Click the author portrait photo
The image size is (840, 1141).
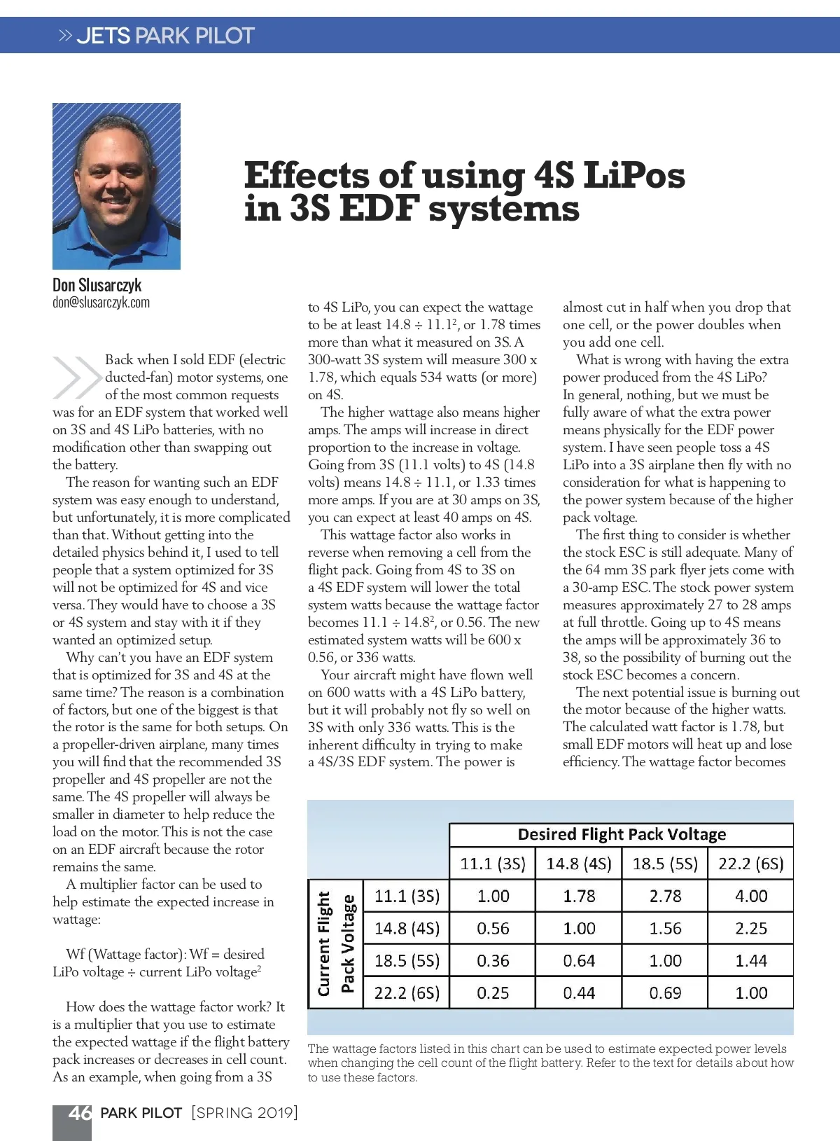(x=116, y=186)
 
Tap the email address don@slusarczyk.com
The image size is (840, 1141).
(x=101, y=303)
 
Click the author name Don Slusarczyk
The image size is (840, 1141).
(x=97, y=285)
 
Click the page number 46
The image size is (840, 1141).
(x=79, y=1113)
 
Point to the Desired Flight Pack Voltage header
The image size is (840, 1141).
(x=622, y=834)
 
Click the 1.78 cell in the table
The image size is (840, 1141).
(x=579, y=896)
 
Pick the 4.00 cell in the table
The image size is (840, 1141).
(x=751, y=896)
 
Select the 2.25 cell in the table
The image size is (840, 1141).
(x=751, y=928)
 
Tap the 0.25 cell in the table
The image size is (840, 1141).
(x=493, y=993)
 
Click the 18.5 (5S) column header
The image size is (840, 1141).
(x=665, y=864)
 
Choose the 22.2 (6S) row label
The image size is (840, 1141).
(x=407, y=993)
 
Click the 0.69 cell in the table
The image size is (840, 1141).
(x=665, y=993)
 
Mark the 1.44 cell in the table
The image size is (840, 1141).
(x=751, y=960)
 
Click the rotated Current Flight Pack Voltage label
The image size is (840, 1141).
(x=335, y=943)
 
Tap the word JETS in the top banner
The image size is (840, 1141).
(x=104, y=36)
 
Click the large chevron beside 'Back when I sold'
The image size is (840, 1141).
(x=76, y=378)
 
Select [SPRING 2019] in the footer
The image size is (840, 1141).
(x=244, y=1113)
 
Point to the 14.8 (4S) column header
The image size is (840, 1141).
(x=579, y=864)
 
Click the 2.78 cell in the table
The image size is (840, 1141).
(x=665, y=896)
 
